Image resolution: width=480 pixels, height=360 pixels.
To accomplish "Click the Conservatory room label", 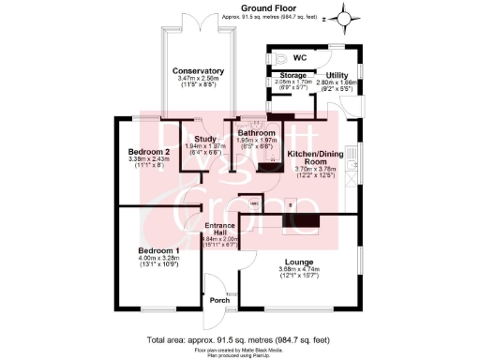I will point(197,70).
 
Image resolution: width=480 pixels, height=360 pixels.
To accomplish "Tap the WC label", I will point(300,57).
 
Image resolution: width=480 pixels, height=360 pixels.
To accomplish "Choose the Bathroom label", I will point(256,134).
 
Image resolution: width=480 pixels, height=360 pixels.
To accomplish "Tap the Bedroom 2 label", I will point(148,151).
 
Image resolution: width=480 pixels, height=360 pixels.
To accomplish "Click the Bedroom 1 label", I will point(158,250).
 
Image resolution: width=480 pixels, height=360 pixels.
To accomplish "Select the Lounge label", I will point(300,262).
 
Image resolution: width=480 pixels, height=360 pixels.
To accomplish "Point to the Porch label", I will point(219,300).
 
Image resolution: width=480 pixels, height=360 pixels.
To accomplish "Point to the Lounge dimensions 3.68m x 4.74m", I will point(300,271).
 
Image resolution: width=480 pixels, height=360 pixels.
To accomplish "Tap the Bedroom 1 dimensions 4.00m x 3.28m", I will point(158,261).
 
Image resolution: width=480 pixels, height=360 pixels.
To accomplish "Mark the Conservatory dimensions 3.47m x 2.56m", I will point(197,79).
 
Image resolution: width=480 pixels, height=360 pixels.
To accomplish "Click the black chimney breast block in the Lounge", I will point(308,223).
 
